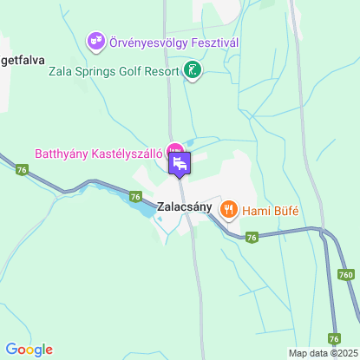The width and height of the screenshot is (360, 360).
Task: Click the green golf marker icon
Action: (x=193, y=70)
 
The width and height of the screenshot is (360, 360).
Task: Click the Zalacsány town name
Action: (x=185, y=208)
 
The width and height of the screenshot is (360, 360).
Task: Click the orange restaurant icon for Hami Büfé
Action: (x=229, y=208)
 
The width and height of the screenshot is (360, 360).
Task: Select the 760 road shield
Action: (x=346, y=274)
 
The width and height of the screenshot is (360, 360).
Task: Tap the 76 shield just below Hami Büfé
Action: (x=252, y=237)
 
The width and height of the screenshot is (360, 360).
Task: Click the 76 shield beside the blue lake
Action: (x=135, y=197)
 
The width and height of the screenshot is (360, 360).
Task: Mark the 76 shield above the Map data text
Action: (x=334, y=337)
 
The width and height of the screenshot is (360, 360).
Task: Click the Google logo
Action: (x=29, y=350)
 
